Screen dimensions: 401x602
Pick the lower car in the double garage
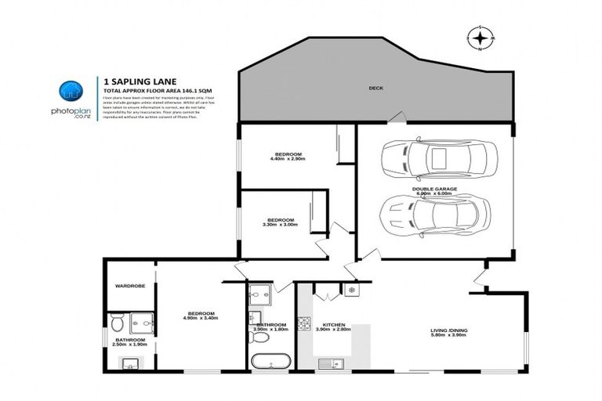[x=436, y=213]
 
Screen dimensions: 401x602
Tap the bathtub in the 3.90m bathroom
[x=270, y=363]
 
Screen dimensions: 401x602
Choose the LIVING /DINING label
[x=449, y=331]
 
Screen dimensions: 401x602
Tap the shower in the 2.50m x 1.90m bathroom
[x=141, y=322]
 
